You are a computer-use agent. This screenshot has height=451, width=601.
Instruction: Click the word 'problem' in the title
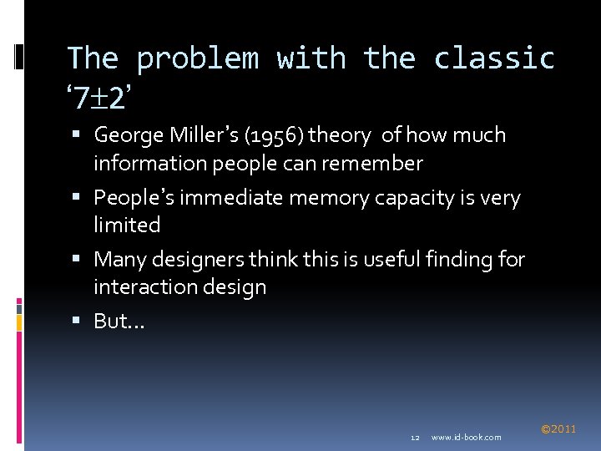pyautogui.click(x=198, y=58)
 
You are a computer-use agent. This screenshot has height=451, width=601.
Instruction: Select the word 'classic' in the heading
pyautogui.click(x=494, y=58)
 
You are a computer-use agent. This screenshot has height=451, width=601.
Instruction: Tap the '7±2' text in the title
pyautogui.click(x=99, y=99)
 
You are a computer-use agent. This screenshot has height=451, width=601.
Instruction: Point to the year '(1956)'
pyautogui.click(x=276, y=135)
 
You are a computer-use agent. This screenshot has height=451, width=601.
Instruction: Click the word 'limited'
pyautogui.click(x=127, y=225)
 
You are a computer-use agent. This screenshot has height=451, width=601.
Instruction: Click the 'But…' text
pyautogui.click(x=119, y=322)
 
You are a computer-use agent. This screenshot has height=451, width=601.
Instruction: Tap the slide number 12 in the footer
pyautogui.click(x=415, y=437)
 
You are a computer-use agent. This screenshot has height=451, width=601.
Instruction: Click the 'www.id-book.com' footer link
pyautogui.click(x=467, y=437)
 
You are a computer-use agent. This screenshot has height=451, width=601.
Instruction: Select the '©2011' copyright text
pyautogui.click(x=558, y=429)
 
